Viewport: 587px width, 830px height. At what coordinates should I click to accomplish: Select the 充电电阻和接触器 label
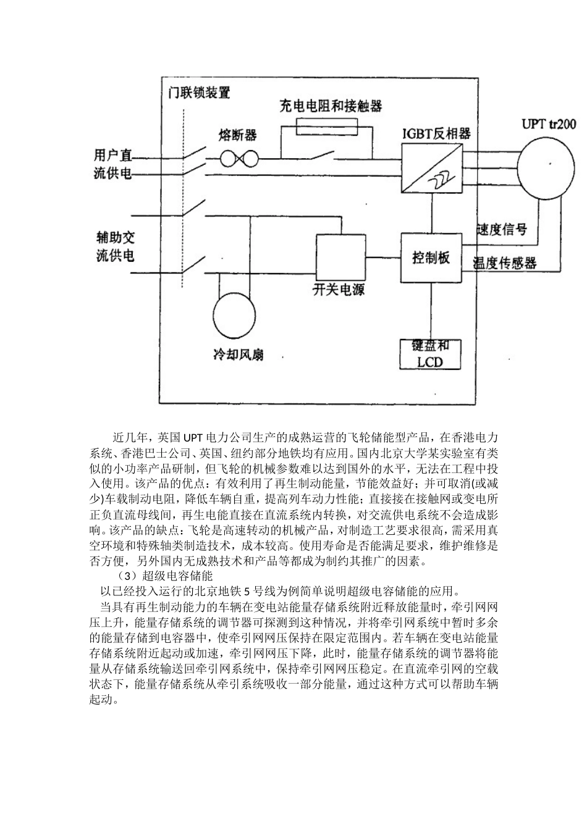tap(331, 106)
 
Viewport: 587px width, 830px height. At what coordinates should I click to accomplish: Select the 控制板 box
tap(431, 258)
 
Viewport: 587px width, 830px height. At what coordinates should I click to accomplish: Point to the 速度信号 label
tap(502, 230)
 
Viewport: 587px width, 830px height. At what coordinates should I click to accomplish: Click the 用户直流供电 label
tap(114, 164)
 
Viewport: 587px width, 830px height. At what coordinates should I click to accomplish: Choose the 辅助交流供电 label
tap(115, 246)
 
